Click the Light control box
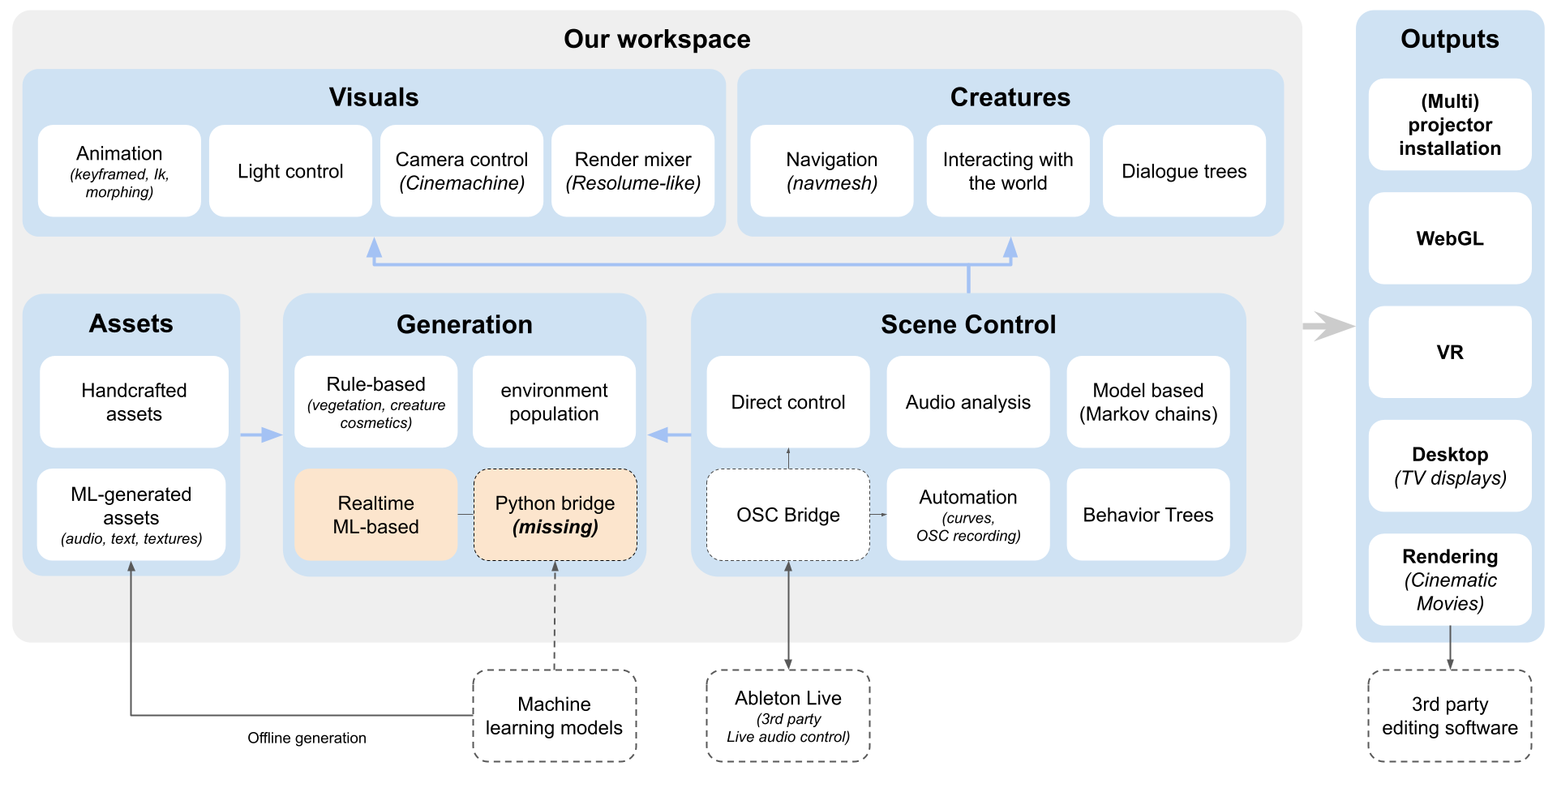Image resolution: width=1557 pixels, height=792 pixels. tap(290, 171)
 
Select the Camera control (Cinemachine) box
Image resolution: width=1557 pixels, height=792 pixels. tap(461, 171)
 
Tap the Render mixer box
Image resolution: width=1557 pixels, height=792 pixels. tap(633, 171)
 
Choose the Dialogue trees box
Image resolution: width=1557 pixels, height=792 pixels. tap(1184, 171)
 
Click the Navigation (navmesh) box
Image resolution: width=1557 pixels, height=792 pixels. tap(831, 171)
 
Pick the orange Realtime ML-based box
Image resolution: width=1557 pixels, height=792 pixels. tap(375, 515)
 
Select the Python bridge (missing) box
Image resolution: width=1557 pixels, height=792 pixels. tap(555, 515)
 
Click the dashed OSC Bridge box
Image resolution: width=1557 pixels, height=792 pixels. tap(787, 515)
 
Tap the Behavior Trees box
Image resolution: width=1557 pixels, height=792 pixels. tap(1147, 515)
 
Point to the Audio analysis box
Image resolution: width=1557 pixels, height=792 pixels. tap(967, 402)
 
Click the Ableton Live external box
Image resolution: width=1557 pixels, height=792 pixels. tap(787, 716)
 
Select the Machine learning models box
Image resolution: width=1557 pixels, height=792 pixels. tap(554, 716)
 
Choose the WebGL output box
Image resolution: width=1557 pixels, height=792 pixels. tap(1449, 238)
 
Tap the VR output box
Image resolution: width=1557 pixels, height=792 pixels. tap(1449, 352)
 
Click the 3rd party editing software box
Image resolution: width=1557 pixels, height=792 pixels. tap(1449, 716)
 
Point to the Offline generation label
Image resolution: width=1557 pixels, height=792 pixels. tap(307, 738)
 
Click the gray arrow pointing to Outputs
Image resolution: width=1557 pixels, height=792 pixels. tap(1328, 326)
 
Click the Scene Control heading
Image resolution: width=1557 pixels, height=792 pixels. tap(967, 324)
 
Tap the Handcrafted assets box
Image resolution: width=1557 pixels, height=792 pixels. tap(134, 402)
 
